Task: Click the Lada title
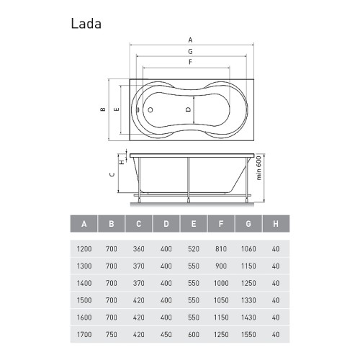(x=86, y=24)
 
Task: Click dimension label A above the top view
(x=190, y=40)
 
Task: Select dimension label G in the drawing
(x=190, y=51)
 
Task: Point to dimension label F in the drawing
(x=190, y=62)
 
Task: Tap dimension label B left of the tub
(x=103, y=109)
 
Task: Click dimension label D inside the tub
(x=189, y=109)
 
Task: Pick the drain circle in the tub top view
(x=150, y=110)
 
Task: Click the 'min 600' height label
(x=258, y=168)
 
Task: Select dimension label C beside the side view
(x=112, y=174)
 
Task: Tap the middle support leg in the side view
(x=189, y=179)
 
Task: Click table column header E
(x=194, y=224)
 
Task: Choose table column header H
(x=276, y=224)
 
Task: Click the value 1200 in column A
(x=84, y=249)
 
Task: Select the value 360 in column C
(x=139, y=249)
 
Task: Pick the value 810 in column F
(x=221, y=249)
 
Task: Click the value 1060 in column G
(x=248, y=249)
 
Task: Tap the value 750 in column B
(x=112, y=335)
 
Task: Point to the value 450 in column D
(x=166, y=335)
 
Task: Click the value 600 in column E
(x=194, y=335)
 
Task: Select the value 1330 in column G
(x=248, y=300)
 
